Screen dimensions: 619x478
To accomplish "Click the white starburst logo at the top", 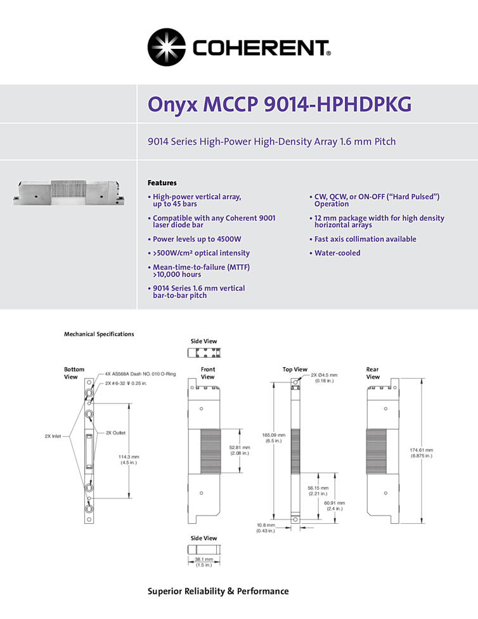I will coord(168,48).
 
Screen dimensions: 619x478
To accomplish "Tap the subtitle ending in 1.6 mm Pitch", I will coord(271,141).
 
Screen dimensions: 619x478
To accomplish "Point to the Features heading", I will coord(162,183).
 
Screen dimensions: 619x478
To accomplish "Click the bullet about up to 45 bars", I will coord(197,200).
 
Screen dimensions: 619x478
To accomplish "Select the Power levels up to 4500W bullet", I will coord(197,239).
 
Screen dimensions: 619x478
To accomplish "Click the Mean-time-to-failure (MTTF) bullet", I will coord(200,271).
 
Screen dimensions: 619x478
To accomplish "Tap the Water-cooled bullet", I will coord(337,253).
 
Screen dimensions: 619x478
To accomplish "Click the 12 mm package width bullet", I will coord(378,221).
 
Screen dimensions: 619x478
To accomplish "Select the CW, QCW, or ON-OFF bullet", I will coord(376,200).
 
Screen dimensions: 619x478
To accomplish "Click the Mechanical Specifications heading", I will coord(99,334).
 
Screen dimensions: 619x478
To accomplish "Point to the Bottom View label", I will coord(70,373).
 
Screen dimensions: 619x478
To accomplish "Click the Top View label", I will coord(295,369).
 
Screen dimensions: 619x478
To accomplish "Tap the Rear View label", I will coord(373,373).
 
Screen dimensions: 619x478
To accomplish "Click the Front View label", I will coord(208,373).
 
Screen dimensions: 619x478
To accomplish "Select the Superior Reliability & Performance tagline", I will coord(218,591).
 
